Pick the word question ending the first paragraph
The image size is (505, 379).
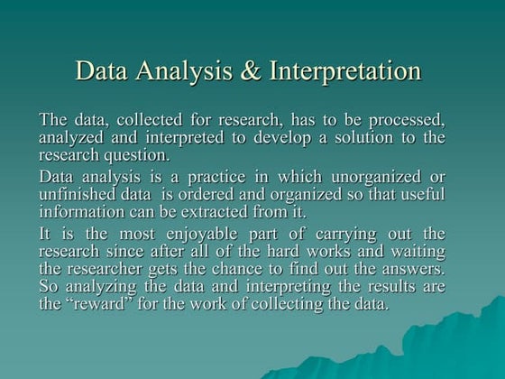coord(139,154)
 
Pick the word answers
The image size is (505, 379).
coord(413,269)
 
